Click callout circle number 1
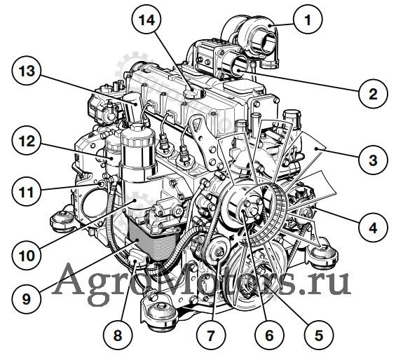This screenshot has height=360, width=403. point(308,20)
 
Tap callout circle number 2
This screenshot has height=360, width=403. point(373,93)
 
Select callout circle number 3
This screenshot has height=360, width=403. point(373,160)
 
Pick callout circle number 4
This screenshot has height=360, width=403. point(373,227)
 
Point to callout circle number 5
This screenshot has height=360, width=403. point(318,335)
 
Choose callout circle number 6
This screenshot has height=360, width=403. point(269,335)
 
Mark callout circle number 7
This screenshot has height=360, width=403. point(211,335)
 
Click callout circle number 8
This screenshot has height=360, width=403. point(118,335)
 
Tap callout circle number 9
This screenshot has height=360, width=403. point(26,298)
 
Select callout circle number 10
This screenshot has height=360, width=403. point(26,255)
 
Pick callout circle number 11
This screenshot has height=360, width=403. point(26,191)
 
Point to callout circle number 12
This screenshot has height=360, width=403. point(26,141)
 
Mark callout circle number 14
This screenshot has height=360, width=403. point(146,20)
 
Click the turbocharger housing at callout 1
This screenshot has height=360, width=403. point(252,39)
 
